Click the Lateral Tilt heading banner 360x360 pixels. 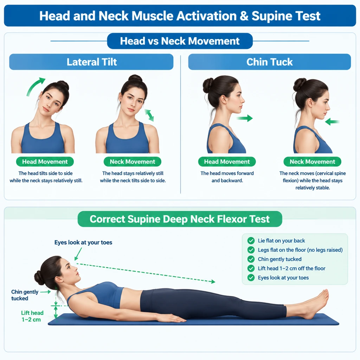[91, 62]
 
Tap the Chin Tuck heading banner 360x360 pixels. [270, 62]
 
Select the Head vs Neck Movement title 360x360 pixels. [180, 41]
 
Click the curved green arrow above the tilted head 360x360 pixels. [34, 86]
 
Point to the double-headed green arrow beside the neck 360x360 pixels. [149, 115]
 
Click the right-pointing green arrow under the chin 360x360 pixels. [245, 118]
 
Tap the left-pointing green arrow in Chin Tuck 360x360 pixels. [332, 121]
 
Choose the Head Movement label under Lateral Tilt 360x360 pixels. [45, 162]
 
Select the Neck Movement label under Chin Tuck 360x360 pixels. [312, 162]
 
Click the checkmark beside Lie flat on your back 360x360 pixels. [251, 240]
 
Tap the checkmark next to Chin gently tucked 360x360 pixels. [251, 259]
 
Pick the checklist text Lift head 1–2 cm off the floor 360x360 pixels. [291, 268]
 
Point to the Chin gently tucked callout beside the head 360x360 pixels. [25, 295]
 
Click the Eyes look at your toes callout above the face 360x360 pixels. [83, 243]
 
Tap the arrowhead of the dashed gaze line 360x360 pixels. [213, 282]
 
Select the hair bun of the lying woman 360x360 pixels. [39, 278]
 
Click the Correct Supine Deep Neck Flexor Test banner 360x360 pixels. [180, 219]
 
